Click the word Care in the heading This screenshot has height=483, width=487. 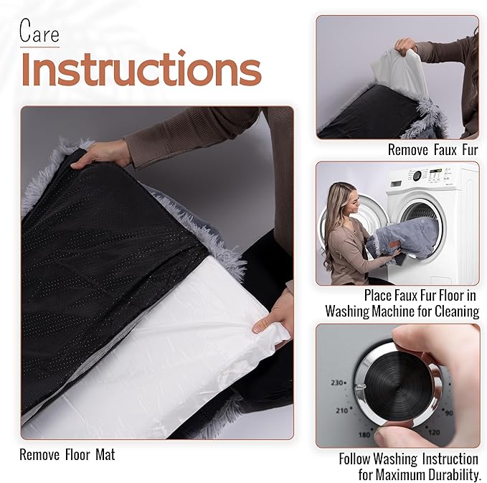pos(39,32)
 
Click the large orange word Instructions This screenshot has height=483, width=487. pos(141,70)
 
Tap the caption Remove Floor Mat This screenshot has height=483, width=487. pos(67,454)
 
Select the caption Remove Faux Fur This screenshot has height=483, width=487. pos(432,150)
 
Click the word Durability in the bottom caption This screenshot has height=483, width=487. pos(448,474)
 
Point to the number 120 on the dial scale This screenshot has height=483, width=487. pos(432,433)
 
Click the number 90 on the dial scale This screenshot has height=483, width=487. pos(448,413)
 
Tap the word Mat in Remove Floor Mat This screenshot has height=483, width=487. pos(103,454)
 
